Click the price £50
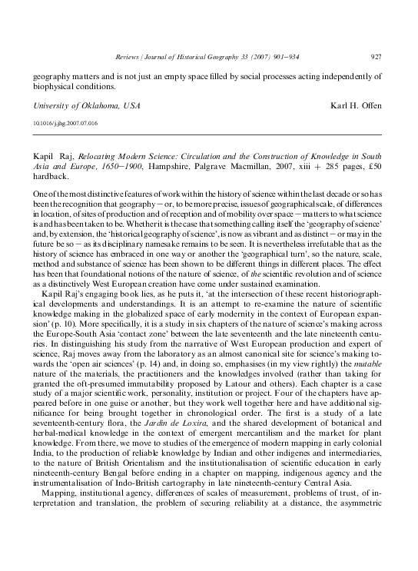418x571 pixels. point(374,164)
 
